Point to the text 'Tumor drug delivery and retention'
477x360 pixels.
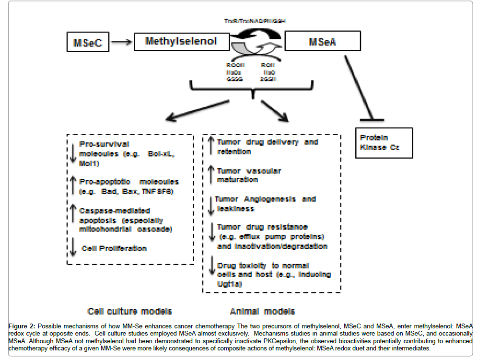click(267, 147)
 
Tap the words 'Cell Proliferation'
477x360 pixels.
click(114, 248)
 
